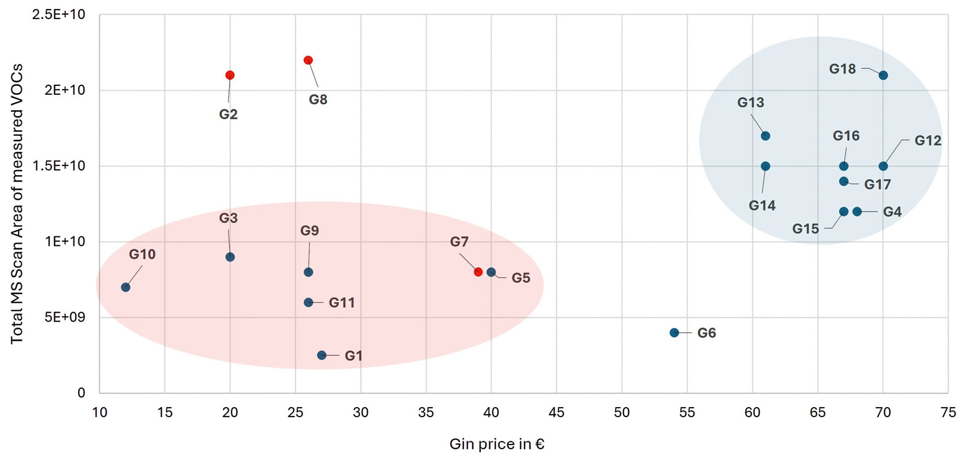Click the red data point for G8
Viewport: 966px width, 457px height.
click(308, 60)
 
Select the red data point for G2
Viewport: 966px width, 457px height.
click(230, 75)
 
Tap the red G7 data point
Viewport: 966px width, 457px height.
click(478, 272)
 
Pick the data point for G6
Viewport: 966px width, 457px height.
click(674, 333)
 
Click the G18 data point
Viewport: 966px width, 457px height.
click(883, 75)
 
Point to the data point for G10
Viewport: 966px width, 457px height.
click(126, 287)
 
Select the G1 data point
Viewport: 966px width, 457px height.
click(322, 355)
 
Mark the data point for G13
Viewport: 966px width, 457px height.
click(765, 136)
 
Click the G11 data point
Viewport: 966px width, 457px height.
click(308, 303)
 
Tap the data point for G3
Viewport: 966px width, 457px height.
click(230, 257)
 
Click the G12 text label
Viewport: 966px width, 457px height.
click(928, 141)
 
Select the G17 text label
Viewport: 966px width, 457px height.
click(877, 185)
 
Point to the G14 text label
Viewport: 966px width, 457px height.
click(762, 206)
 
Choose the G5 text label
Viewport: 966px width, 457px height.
click(520, 278)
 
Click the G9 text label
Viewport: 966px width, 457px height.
click(309, 231)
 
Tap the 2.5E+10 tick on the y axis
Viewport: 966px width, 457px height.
click(58, 15)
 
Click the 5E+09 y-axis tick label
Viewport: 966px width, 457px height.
click(65, 318)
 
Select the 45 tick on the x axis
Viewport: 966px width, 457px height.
click(556, 413)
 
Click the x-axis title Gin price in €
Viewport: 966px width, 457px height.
click(497, 445)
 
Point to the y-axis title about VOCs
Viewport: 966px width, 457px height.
click(17, 204)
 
